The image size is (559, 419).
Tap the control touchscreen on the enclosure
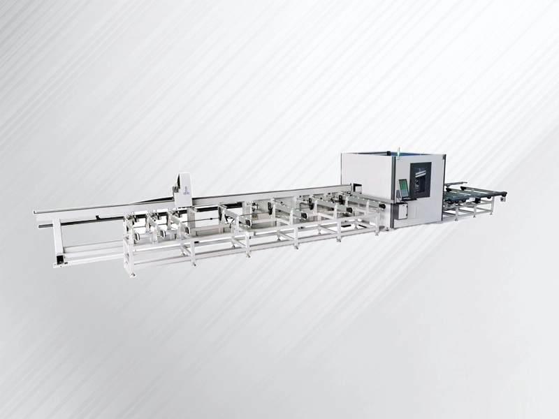click(403, 188)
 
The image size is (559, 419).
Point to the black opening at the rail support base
click(60, 260)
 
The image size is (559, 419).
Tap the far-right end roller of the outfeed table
click(501, 193)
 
